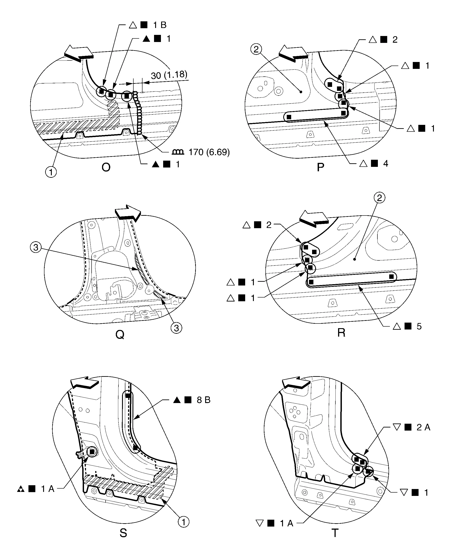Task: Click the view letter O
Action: coord(106,168)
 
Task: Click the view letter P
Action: coord(320,168)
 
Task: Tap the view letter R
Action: coord(341,333)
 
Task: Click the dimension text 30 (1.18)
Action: coord(169,75)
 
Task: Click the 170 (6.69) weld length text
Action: coord(209,152)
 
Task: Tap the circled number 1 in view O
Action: coord(51,172)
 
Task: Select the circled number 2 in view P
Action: coord(256,49)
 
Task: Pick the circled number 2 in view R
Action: coord(379,198)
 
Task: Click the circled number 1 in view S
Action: coord(184,522)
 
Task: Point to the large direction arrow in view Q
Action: coord(128,213)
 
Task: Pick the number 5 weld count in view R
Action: coord(419,326)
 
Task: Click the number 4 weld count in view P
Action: coord(386,164)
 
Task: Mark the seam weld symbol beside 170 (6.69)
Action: coord(178,152)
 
